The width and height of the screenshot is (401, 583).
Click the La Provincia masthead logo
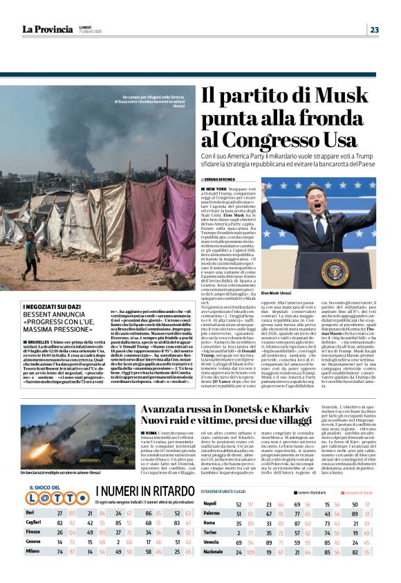pyautogui.click(x=47, y=29)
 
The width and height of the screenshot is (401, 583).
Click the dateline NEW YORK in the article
pyautogui.click(x=216, y=188)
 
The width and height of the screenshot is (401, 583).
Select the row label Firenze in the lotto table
pyautogui.click(x=34, y=532)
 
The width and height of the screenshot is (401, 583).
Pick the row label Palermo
pyautogui.click(x=212, y=513)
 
